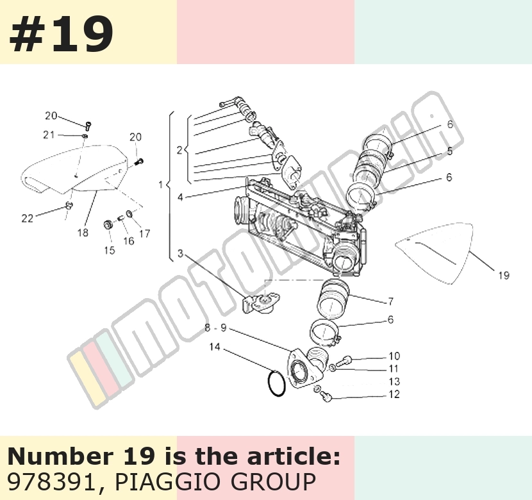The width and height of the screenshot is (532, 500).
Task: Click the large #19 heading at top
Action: pyautogui.click(x=61, y=34)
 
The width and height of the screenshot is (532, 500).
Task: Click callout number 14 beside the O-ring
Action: pyautogui.click(x=215, y=347)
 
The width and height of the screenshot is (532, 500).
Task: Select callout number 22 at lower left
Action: pyautogui.click(x=27, y=219)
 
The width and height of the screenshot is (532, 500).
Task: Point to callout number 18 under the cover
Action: pyautogui.click(x=83, y=233)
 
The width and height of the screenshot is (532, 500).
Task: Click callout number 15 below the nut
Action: pyautogui.click(x=110, y=251)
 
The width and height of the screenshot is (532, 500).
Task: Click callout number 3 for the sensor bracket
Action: pyautogui.click(x=180, y=253)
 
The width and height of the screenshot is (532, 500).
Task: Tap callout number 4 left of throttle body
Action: pyautogui.click(x=180, y=197)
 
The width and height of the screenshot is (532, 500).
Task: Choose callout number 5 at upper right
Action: pyautogui.click(x=449, y=151)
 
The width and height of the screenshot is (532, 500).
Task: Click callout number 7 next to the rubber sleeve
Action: pyautogui.click(x=390, y=301)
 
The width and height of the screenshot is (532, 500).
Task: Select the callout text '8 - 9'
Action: pyautogui.click(x=215, y=328)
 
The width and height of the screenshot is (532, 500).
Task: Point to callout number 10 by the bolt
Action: pyautogui.click(x=394, y=356)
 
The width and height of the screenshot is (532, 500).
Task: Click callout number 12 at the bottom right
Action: pyautogui.click(x=394, y=394)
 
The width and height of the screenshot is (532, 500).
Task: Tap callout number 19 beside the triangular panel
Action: pyautogui.click(x=504, y=276)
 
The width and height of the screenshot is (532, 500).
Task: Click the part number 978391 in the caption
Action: pyautogui.click(x=51, y=481)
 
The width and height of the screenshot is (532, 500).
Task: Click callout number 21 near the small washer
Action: pyautogui.click(x=49, y=135)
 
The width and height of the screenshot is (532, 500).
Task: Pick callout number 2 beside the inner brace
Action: pyautogui.click(x=179, y=150)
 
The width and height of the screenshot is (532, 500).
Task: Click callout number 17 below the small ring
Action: pyautogui.click(x=144, y=234)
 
